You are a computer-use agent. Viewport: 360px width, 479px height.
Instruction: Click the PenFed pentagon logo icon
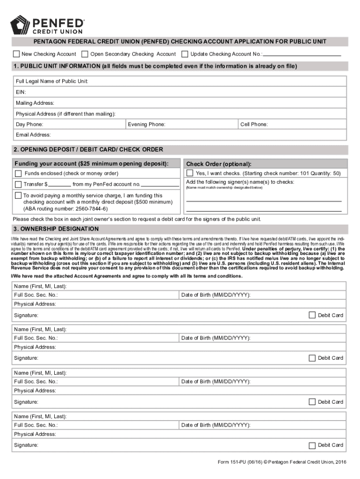click(x=20, y=25)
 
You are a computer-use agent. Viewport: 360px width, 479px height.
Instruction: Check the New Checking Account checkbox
click(x=17, y=54)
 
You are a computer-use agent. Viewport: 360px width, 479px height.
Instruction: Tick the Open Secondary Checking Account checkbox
click(x=85, y=54)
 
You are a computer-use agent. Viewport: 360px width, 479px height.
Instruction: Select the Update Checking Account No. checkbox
click(x=185, y=54)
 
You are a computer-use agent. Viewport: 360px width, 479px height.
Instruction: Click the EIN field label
click(x=21, y=92)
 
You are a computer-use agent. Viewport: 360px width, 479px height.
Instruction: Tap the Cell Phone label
click(x=254, y=124)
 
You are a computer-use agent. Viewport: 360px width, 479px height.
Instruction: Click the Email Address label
click(x=33, y=135)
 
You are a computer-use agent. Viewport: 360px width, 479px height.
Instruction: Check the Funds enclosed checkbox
click(x=18, y=174)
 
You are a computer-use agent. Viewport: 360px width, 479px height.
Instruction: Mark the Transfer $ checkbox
click(x=18, y=184)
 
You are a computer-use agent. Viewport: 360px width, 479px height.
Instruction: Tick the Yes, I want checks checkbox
click(x=190, y=174)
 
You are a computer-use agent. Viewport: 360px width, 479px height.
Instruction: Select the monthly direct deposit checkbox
click(x=18, y=196)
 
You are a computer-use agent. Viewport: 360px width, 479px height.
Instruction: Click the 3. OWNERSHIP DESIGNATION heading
click(x=56, y=229)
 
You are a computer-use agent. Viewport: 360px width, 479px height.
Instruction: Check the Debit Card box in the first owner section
click(x=312, y=315)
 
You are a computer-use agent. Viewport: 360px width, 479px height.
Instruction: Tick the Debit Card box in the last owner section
click(x=312, y=445)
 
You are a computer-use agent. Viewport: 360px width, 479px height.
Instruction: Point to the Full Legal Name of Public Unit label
click(x=52, y=81)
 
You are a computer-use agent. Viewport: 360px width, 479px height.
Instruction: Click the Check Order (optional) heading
click(x=219, y=164)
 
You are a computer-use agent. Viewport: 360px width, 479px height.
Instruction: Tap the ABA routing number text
click(x=65, y=209)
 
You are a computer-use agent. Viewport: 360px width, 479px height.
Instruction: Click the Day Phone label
click(x=29, y=124)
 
